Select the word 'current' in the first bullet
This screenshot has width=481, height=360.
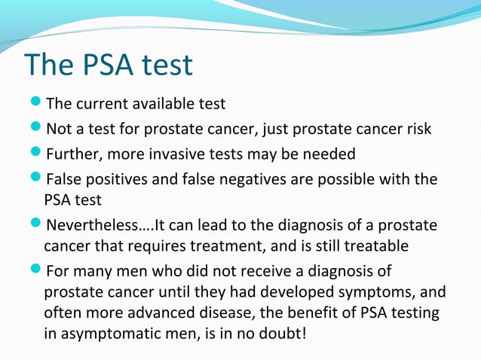[101, 103]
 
